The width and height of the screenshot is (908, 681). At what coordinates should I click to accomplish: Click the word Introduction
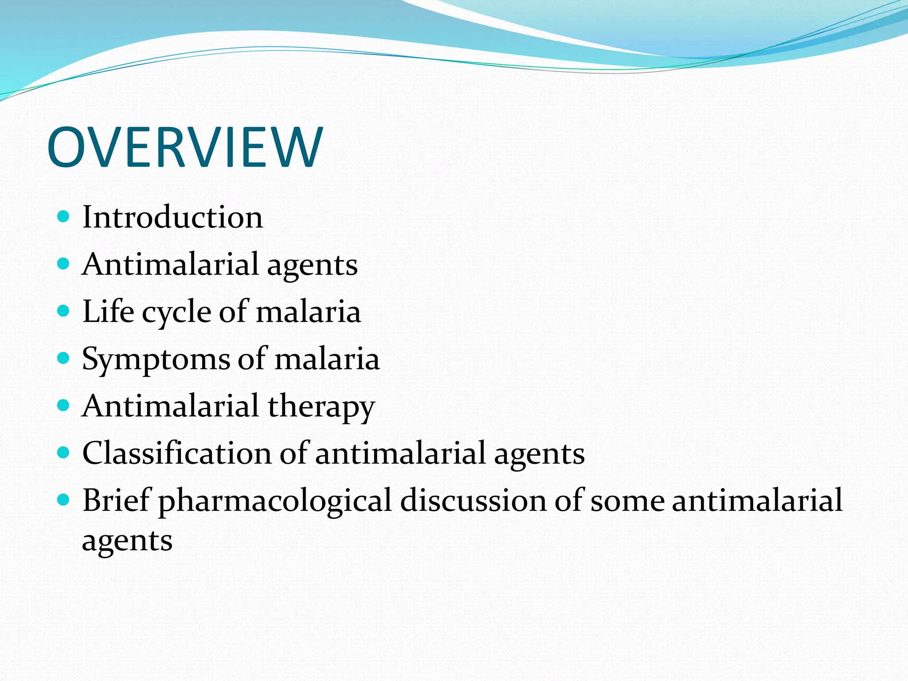tap(172, 217)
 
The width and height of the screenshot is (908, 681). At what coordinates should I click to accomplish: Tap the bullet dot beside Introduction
tap(64, 216)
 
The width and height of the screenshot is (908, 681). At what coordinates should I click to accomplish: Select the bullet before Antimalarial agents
tap(64, 264)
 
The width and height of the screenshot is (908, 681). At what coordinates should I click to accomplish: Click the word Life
tap(108, 311)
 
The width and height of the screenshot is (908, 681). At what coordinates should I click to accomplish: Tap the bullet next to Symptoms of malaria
tap(64, 358)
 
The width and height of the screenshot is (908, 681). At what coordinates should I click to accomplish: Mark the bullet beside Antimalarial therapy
tap(64, 405)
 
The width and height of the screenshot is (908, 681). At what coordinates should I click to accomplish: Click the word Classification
tap(176, 453)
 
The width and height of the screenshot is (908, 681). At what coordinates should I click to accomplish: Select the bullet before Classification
tap(64, 453)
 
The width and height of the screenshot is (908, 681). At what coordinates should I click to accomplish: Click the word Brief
tap(117, 500)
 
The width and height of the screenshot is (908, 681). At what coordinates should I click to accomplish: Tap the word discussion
tap(473, 500)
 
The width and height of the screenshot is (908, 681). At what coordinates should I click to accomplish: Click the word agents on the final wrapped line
tap(127, 542)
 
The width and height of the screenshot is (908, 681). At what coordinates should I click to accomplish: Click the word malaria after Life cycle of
tap(308, 311)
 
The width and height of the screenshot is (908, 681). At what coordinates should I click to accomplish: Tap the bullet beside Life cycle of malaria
tap(64, 311)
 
